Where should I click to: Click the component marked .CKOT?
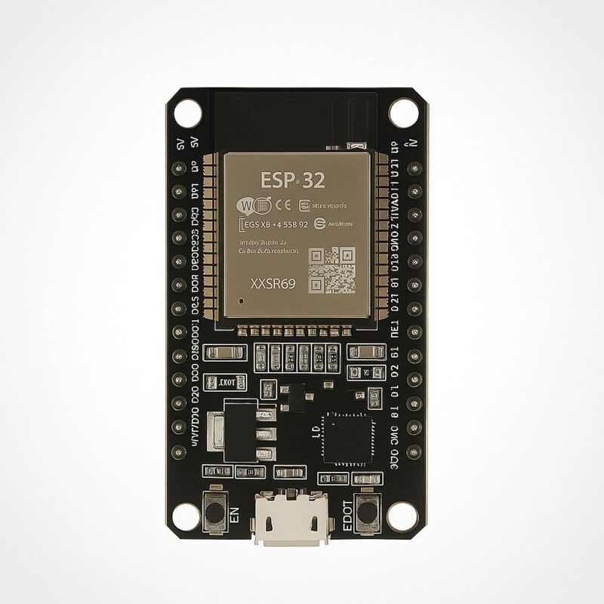click(x=226, y=382)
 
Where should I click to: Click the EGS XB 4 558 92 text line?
click(x=273, y=224)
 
